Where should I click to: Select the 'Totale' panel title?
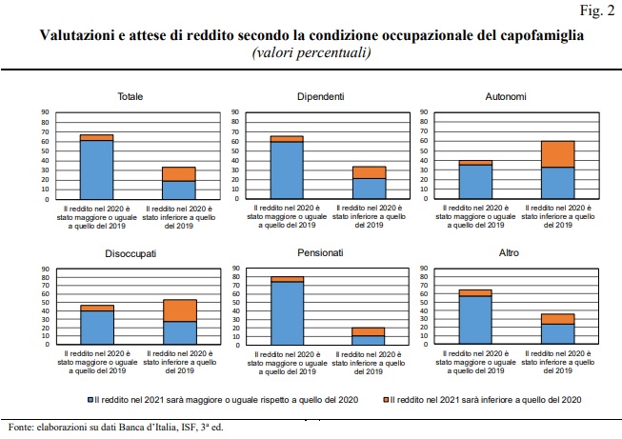pos(130,96)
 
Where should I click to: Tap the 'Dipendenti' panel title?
pos(320,96)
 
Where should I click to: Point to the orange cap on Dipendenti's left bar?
pos(287,139)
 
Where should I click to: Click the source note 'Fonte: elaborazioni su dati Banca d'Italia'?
pos(113,428)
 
